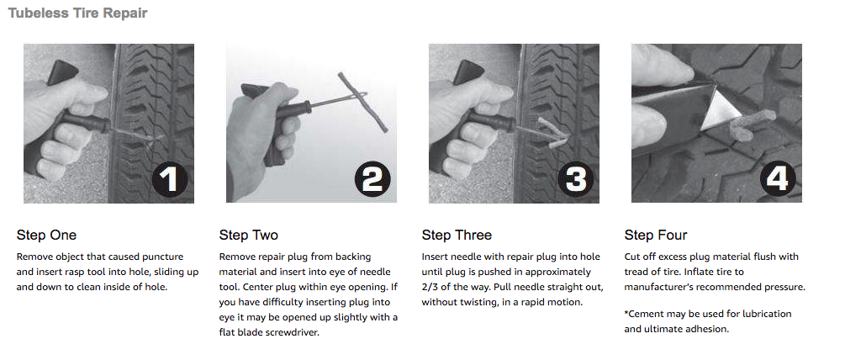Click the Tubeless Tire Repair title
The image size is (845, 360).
pos(77,13)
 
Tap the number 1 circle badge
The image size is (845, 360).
pos(169,179)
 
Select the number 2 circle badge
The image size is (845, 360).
pos(372,179)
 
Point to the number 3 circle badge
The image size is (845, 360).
pos(575,179)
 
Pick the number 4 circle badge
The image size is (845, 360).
pos(778,179)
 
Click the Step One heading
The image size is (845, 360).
pos(46,235)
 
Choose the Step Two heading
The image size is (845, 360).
pos(248,235)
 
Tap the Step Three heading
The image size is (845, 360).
pos(457,236)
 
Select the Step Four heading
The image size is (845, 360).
pos(656,236)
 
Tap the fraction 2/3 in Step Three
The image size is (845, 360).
pos(430,288)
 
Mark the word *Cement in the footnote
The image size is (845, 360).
pos(643,314)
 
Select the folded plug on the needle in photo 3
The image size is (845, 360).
pos(551,132)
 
